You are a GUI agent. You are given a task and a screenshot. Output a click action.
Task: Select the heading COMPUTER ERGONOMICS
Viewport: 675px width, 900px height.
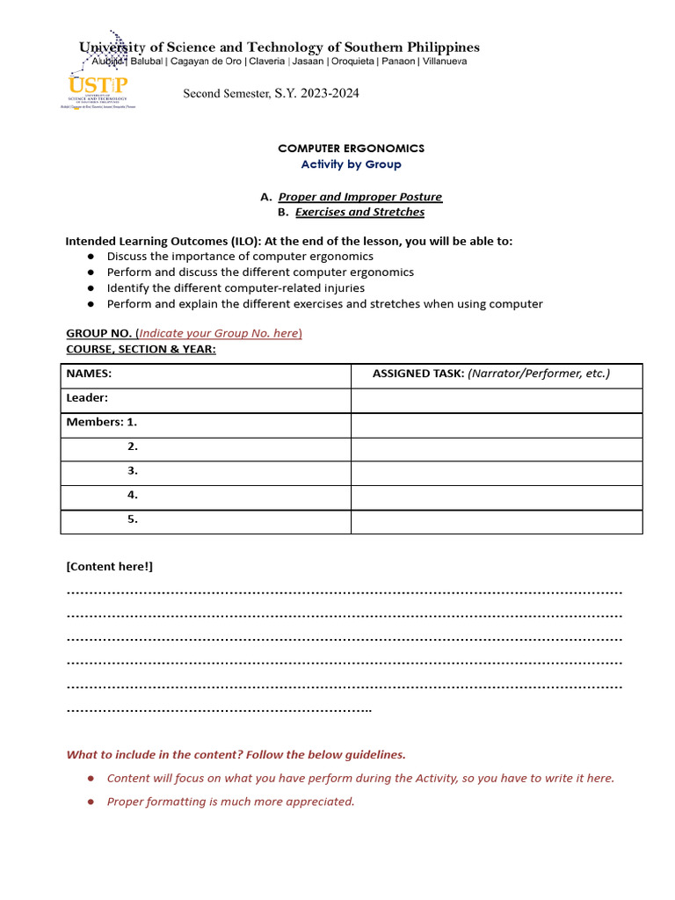click(x=351, y=149)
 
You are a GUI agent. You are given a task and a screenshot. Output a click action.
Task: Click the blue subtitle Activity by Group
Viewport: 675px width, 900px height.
click(x=351, y=164)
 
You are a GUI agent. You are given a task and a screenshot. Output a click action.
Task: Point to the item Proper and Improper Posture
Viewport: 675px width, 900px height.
click(x=359, y=197)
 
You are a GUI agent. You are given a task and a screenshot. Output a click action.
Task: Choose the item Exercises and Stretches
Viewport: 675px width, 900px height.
click(x=359, y=212)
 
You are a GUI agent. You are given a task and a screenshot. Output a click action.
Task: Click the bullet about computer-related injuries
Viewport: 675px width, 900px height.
click(x=236, y=288)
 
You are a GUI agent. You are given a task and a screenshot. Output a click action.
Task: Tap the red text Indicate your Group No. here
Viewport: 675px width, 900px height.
click(x=220, y=333)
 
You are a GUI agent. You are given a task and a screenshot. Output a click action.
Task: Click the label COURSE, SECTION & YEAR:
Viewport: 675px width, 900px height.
click(x=141, y=349)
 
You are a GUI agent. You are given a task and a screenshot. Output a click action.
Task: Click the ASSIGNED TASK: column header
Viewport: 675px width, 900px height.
click(x=490, y=374)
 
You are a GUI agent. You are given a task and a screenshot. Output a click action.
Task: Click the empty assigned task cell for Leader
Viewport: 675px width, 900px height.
click(x=496, y=401)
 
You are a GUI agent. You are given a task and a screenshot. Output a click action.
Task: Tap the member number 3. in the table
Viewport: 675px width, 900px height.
click(x=133, y=471)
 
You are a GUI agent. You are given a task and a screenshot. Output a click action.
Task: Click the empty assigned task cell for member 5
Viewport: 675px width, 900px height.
click(x=496, y=521)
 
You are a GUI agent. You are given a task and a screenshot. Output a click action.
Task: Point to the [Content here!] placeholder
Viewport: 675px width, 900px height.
click(x=110, y=567)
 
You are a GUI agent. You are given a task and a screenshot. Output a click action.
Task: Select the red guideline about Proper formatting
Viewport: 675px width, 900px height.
click(x=230, y=802)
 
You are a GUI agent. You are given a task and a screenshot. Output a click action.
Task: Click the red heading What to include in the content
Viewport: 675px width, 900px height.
click(x=236, y=755)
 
